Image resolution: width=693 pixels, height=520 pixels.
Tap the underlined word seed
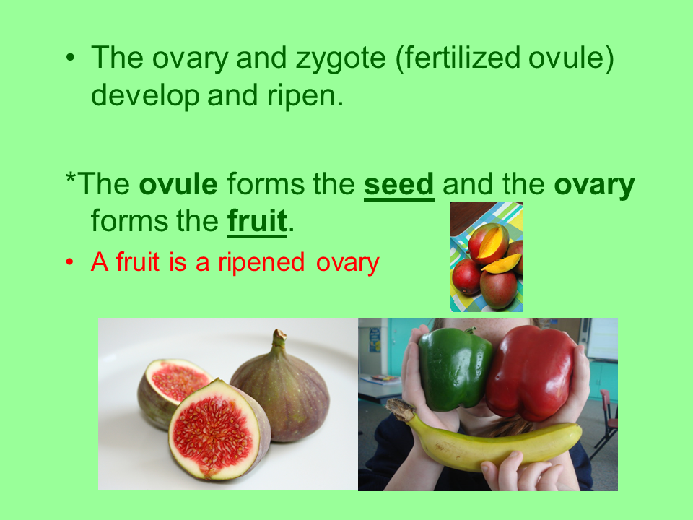click(398, 186)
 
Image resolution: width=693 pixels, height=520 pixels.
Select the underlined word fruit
click(257, 222)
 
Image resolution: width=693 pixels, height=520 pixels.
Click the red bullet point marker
click(70, 262)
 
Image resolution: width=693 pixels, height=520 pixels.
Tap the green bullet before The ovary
click(70, 58)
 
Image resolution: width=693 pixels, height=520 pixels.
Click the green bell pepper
click(455, 368)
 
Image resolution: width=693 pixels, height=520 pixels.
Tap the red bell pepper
click(531, 372)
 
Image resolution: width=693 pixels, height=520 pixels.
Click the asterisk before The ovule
click(70, 182)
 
